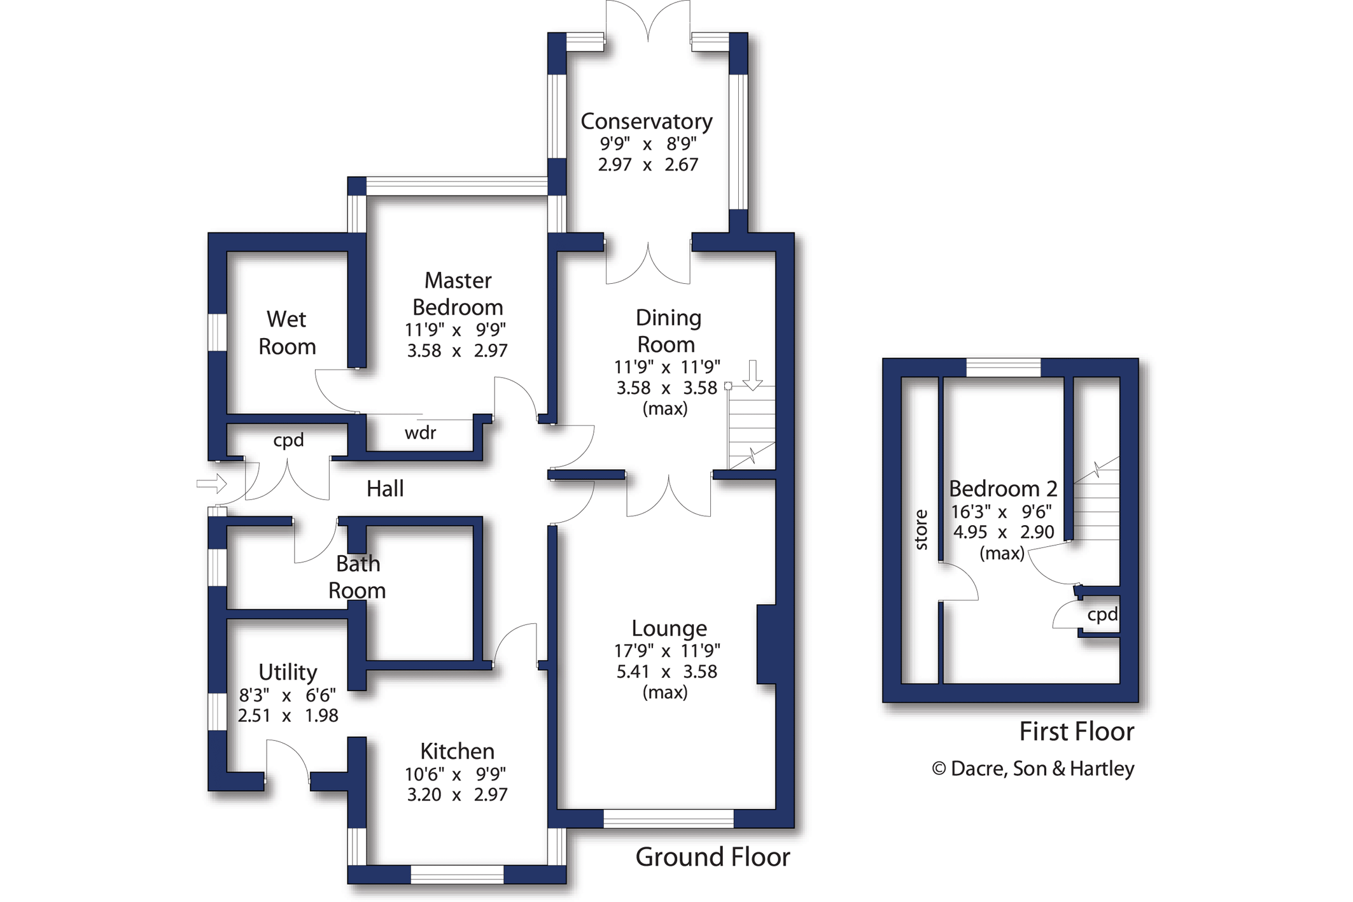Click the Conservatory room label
click(647, 121)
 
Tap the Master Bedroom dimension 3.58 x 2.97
click(457, 351)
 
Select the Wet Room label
click(287, 332)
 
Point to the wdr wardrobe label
click(420, 433)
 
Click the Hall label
click(385, 489)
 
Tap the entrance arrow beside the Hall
click(212, 484)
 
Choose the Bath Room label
click(357, 577)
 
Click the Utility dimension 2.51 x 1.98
click(288, 715)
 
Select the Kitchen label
click(457, 751)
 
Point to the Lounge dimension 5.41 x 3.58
click(666, 672)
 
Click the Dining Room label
click(668, 331)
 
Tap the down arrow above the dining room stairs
click(753, 375)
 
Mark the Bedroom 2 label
click(1003, 489)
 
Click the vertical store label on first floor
click(920, 530)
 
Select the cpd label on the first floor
click(1102, 615)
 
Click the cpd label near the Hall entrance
click(288, 440)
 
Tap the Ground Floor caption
click(713, 857)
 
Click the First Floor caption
click(1077, 731)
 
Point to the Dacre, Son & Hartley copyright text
click(1033, 768)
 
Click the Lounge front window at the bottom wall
click(668, 819)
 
